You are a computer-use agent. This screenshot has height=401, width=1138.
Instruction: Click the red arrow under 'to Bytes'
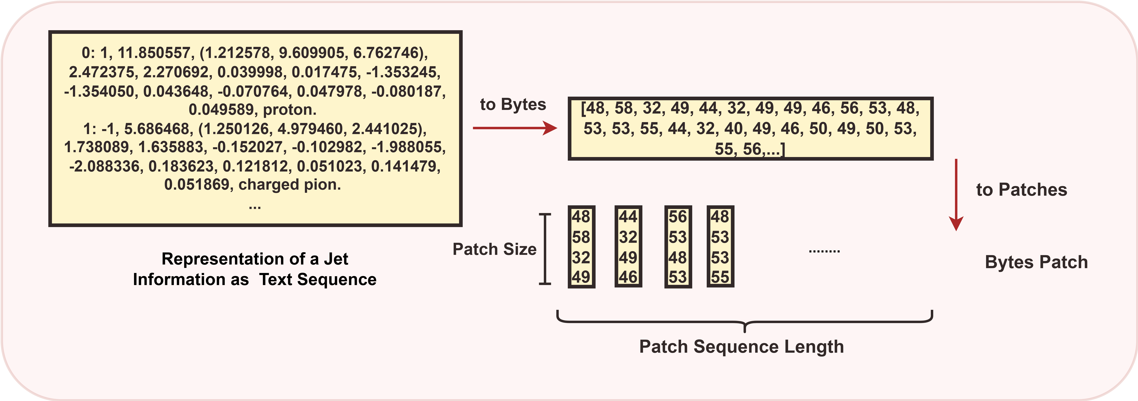(515, 128)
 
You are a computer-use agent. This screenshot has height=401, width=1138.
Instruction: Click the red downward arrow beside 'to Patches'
(956, 194)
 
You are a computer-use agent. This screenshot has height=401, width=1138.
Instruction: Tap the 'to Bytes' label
(513, 104)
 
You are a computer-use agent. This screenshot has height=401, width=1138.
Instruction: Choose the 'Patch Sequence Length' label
(741, 347)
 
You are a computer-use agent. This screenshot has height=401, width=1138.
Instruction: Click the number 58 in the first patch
(581, 237)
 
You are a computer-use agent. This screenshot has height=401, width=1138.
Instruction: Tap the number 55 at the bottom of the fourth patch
(720, 277)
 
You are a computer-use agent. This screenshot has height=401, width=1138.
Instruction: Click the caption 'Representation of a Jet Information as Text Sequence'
(255, 269)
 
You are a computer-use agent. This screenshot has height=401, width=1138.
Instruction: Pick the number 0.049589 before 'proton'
(223, 110)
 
